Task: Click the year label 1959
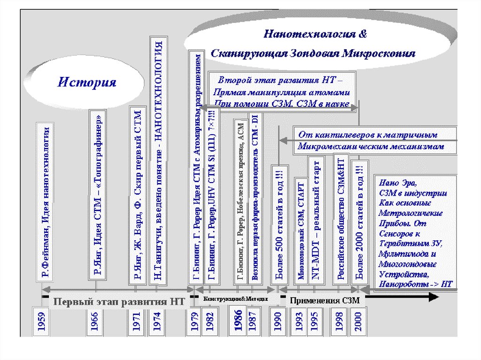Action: coord(42,322)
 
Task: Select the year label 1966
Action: coord(94,322)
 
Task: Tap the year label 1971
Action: coord(136,322)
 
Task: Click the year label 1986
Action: coord(238,321)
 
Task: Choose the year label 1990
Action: coord(277,322)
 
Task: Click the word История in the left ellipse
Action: coord(87,83)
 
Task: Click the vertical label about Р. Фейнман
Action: coord(46,202)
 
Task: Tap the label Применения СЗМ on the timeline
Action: coord(324,301)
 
